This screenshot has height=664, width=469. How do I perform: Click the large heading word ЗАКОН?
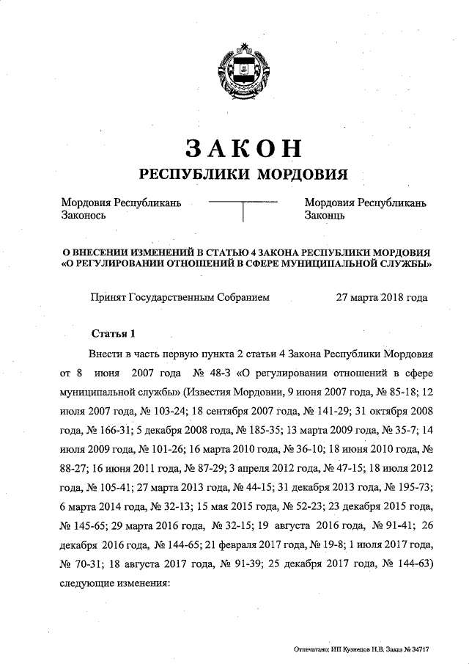243,147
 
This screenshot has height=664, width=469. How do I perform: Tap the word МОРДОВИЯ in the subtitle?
299,174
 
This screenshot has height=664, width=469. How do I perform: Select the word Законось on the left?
84,216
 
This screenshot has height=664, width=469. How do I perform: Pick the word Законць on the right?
325,216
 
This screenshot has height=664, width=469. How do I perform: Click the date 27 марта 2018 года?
381,298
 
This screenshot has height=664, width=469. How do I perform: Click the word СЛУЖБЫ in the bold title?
405,263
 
